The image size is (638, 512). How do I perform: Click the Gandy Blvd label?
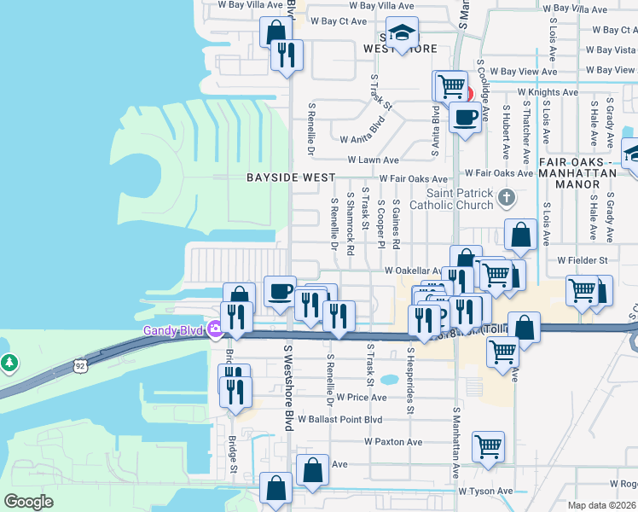(x=174, y=329)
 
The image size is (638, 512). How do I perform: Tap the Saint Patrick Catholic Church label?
(x=452, y=199)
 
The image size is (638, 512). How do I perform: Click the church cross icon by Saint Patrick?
(x=507, y=199)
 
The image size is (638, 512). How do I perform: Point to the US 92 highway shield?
(x=80, y=366)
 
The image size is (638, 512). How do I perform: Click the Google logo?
(x=29, y=501)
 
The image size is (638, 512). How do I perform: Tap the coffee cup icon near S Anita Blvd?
(x=465, y=117)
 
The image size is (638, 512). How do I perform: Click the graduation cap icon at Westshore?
(x=402, y=33)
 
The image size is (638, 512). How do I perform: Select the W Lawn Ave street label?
(x=373, y=160)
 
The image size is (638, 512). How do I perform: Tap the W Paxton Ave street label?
(x=393, y=442)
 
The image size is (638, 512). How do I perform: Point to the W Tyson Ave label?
(x=485, y=491)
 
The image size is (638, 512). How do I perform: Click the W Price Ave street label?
(x=362, y=397)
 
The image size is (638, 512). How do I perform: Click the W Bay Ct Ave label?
(x=339, y=20)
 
